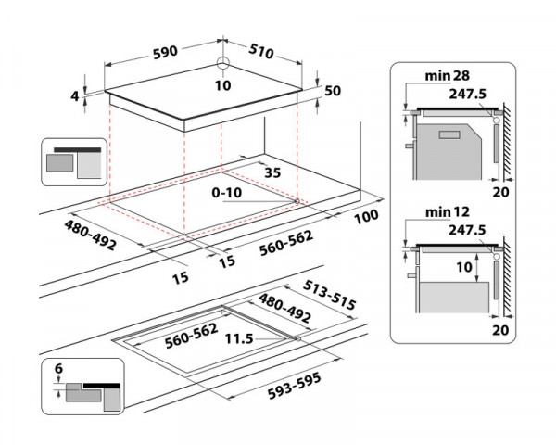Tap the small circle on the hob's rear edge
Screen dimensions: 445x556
coord(223,64)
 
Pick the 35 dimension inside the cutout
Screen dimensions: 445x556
coord(272,172)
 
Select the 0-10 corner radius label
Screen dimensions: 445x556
coord(228,193)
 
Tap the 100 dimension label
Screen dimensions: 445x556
coord(367,217)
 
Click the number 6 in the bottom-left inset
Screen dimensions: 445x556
coord(58,369)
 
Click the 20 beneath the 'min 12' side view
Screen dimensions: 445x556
coord(501,328)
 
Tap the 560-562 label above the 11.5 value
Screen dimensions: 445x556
coord(191,330)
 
